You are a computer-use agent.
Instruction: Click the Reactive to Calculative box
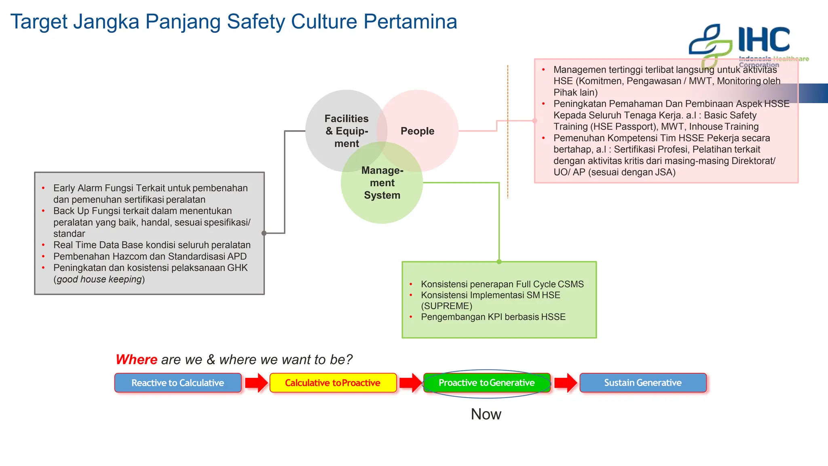[x=178, y=383]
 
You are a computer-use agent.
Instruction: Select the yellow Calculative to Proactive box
[x=333, y=383]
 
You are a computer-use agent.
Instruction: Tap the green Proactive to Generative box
[x=486, y=383]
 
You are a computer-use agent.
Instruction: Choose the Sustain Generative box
[x=643, y=383]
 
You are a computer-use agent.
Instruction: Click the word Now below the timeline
[x=486, y=414]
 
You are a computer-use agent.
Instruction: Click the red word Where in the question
[x=136, y=360]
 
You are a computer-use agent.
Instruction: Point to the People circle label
[x=417, y=131]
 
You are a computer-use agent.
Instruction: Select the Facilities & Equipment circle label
[x=346, y=131]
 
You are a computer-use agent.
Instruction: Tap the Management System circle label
[x=382, y=183]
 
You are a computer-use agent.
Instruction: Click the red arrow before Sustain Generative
[x=566, y=383]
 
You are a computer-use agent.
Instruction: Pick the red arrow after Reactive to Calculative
[x=256, y=383]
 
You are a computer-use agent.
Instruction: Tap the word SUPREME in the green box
[x=446, y=306]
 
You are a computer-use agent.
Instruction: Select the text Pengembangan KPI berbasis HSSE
[x=493, y=317]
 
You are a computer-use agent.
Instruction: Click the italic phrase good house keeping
[x=99, y=280]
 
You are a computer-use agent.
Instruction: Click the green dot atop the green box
[x=499, y=262]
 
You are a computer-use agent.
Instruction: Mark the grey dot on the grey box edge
[x=264, y=233]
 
